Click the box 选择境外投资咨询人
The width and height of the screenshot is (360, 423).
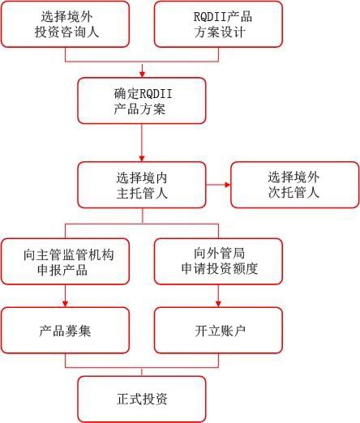(x=65, y=24)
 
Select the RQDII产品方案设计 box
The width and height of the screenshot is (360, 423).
(x=218, y=24)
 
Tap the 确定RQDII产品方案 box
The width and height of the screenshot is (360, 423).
(x=142, y=100)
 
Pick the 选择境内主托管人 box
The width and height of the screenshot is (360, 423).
(x=142, y=185)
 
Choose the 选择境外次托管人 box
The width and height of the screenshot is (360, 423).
(x=295, y=185)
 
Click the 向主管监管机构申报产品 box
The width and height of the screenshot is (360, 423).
(x=65, y=262)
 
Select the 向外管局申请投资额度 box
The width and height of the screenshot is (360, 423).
(x=218, y=262)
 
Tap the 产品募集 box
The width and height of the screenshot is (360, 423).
(x=65, y=331)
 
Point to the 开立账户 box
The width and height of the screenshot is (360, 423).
(x=218, y=331)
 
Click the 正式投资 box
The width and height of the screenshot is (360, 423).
(x=142, y=399)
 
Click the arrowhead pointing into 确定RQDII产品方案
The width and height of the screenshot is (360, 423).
(x=142, y=75)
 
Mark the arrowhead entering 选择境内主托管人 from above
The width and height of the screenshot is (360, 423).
(x=142, y=158)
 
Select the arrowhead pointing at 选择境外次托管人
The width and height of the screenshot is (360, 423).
(x=228, y=185)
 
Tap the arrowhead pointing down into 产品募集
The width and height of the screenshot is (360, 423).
(x=65, y=304)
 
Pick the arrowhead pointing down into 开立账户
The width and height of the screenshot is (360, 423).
(x=218, y=304)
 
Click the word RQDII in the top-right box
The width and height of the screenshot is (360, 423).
(x=210, y=17)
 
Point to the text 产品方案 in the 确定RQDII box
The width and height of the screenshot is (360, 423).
(x=139, y=109)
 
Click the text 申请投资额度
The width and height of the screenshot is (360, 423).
(x=220, y=269)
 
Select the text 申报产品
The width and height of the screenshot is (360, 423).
(x=62, y=270)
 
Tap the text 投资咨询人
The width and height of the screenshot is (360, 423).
(x=66, y=32)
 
